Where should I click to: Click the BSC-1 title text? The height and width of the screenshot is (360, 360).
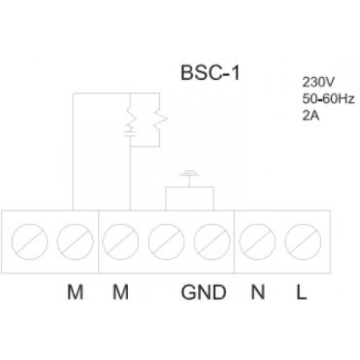click(x=210, y=73)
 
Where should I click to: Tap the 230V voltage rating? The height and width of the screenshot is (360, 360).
click(x=318, y=82)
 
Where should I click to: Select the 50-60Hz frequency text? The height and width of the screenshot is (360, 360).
click(x=328, y=99)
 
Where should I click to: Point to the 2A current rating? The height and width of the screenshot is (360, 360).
click(x=311, y=115)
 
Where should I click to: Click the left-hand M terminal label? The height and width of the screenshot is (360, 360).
click(x=75, y=292)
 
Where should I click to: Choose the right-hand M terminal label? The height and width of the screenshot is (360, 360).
click(x=121, y=292)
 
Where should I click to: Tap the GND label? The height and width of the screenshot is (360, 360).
click(x=204, y=292)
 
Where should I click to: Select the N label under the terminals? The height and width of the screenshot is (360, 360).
click(x=258, y=292)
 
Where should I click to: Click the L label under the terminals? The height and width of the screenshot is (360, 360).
click(x=302, y=292)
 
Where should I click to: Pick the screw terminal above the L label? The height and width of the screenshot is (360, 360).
click(x=303, y=242)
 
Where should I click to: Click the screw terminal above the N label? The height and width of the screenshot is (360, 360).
click(x=258, y=242)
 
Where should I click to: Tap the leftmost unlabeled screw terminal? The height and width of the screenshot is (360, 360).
click(x=30, y=242)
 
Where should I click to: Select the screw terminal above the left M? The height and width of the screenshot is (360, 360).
click(x=75, y=242)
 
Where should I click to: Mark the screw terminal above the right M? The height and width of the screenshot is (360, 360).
click(x=121, y=242)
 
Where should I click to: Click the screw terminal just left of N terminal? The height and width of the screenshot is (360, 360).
click(x=212, y=242)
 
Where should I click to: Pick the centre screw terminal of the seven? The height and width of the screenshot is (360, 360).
click(x=166, y=242)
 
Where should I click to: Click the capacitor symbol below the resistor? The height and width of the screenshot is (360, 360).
click(x=130, y=134)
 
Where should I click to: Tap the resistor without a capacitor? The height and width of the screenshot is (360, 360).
click(x=160, y=118)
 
